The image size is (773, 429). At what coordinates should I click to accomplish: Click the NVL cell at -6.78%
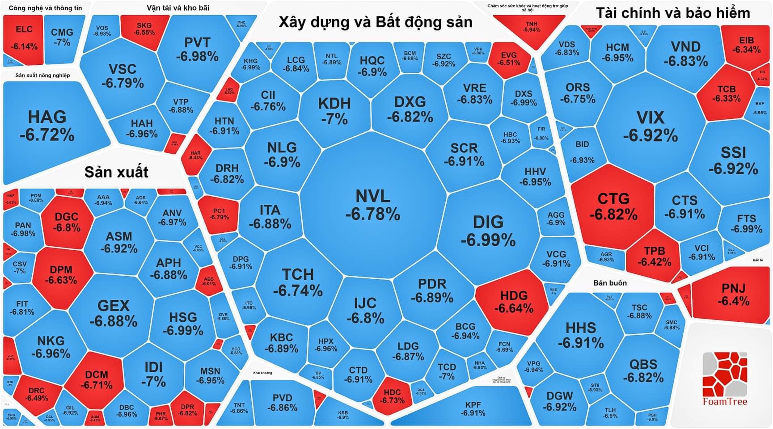tap(373, 205)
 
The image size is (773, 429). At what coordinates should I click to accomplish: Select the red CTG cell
tap(613, 206)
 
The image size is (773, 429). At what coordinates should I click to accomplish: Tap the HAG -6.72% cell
tap(47, 126)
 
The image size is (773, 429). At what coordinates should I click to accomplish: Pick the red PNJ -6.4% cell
tap(733, 294)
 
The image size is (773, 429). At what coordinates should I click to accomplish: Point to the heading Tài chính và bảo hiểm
tap(673, 13)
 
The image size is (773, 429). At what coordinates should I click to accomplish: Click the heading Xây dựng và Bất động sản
tap(375, 22)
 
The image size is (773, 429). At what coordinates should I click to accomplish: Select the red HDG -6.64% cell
tap(514, 302)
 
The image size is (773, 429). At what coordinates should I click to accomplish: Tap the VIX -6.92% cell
tap(650, 126)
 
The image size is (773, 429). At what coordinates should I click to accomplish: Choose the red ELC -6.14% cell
tap(24, 38)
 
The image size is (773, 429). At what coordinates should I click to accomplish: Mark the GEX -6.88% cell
tap(114, 313)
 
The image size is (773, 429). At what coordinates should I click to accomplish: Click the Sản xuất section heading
tap(116, 172)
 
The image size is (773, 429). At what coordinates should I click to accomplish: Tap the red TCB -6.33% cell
tap(726, 93)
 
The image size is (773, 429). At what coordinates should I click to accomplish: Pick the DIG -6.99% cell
tap(488, 231)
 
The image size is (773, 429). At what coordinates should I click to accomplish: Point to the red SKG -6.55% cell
tap(144, 29)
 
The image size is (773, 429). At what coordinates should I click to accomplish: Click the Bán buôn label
tap(610, 283)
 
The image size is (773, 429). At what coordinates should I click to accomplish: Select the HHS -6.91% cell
tap(580, 335)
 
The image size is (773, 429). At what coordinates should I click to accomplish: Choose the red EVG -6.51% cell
tap(509, 59)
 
